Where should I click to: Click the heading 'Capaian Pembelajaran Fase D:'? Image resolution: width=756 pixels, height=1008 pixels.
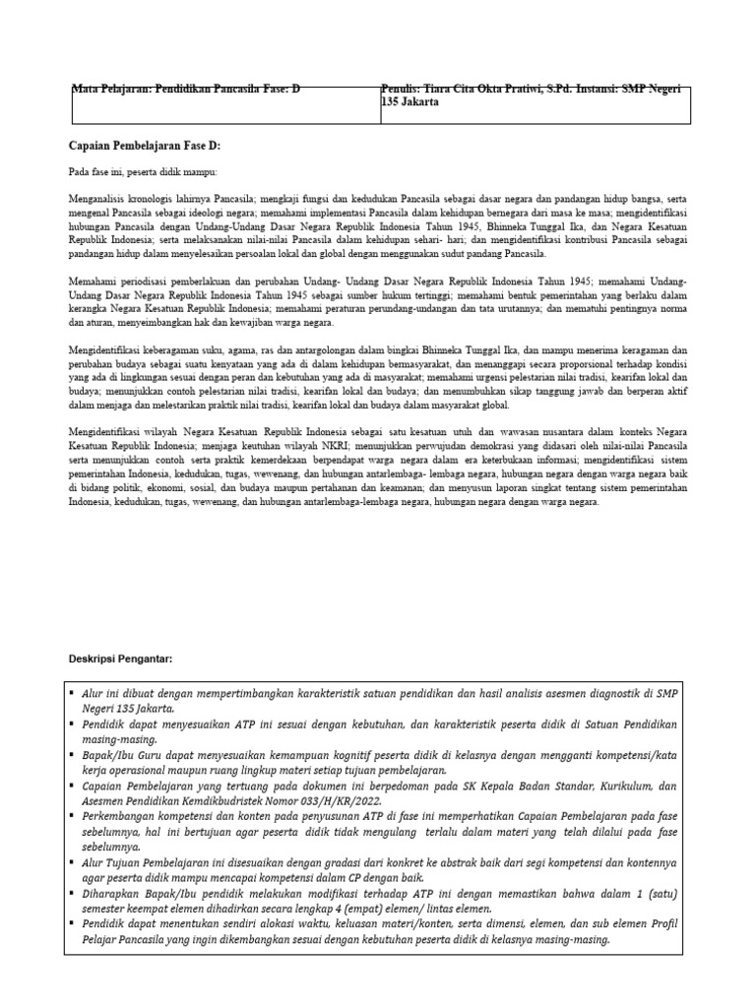[145, 146]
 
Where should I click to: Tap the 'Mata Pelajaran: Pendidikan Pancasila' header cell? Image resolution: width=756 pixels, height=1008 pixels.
[187, 90]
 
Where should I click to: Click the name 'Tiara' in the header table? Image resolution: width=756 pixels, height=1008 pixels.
[441, 90]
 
